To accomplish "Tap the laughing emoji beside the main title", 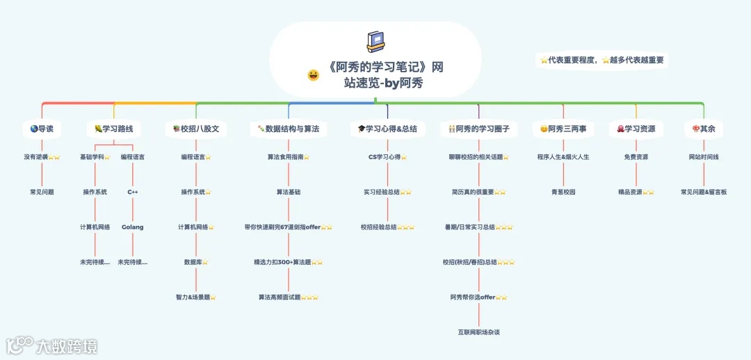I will click(x=314, y=75).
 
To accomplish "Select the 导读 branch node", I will click(x=42, y=129).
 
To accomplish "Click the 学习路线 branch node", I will click(x=113, y=129).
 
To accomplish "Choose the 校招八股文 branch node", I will click(x=196, y=129).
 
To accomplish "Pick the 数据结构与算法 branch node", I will click(x=288, y=129).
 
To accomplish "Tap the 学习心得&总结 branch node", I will click(x=387, y=129).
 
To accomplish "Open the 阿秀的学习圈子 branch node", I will click(x=479, y=129).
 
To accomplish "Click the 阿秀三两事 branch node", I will click(x=563, y=129).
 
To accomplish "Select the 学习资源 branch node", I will click(x=636, y=129).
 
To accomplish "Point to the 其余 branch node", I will click(x=704, y=129).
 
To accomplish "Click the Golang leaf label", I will click(x=133, y=227).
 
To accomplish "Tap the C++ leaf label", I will click(x=133, y=192).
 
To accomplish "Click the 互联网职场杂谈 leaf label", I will click(x=478, y=332).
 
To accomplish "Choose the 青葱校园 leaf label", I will click(x=563, y=192).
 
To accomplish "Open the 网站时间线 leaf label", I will click(x=704, y=157).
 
